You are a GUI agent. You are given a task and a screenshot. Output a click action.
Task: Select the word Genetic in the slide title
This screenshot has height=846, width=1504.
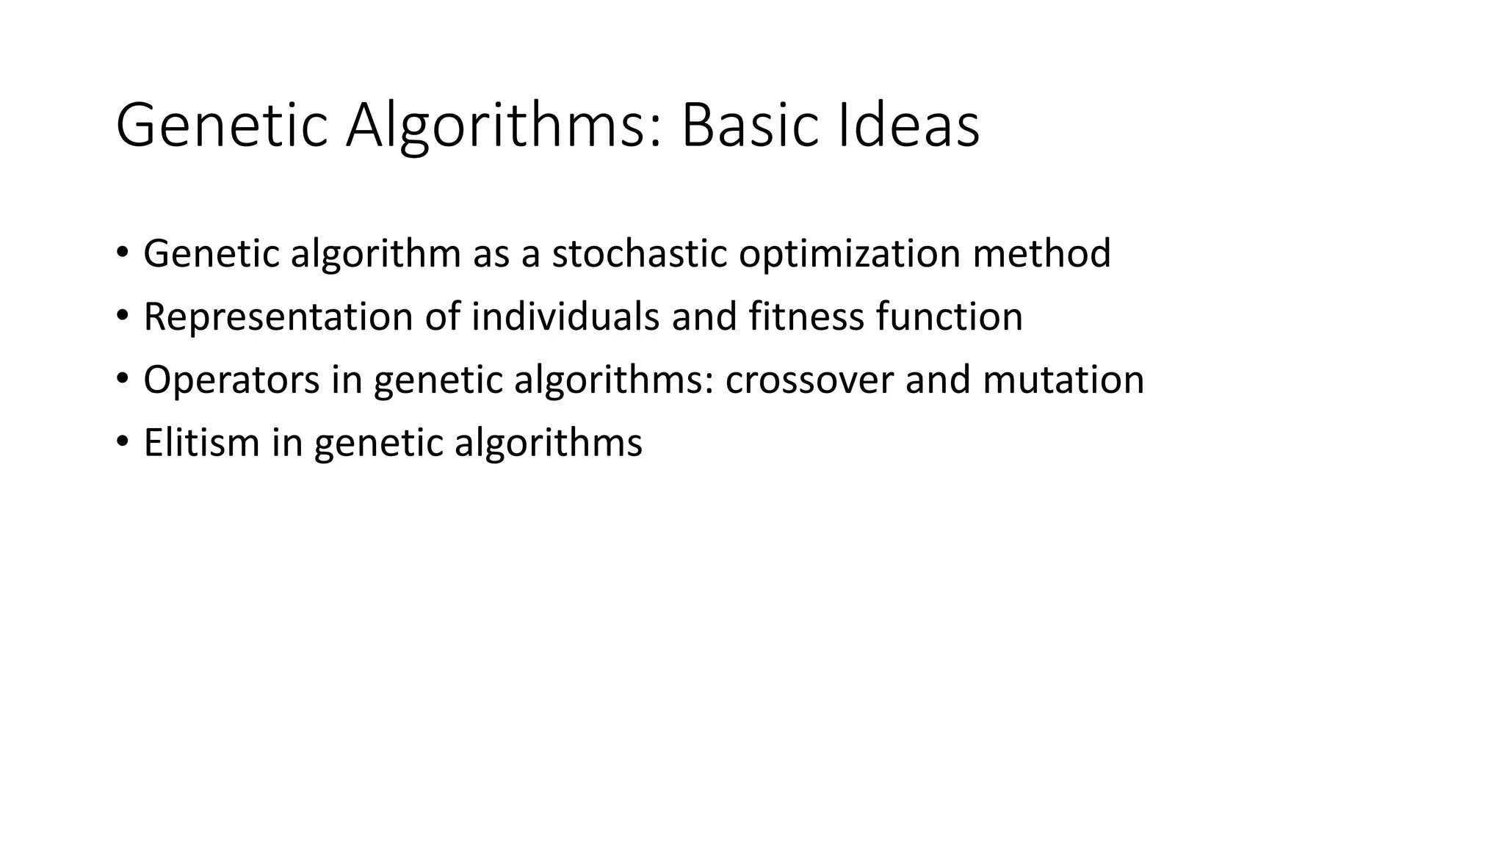tap(221, 126)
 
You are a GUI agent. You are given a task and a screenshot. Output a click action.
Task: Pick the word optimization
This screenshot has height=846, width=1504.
tap(849, 254)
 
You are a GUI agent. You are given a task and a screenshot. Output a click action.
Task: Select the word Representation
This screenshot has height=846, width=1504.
tap(278, 317)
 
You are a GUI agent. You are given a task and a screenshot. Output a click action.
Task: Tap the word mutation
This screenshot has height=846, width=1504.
tap(1063, 380)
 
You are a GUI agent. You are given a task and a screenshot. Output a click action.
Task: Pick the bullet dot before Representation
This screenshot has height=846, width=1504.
tap(122, 316)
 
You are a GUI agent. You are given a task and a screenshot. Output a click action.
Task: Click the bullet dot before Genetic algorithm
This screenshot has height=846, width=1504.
tap(122, 253)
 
